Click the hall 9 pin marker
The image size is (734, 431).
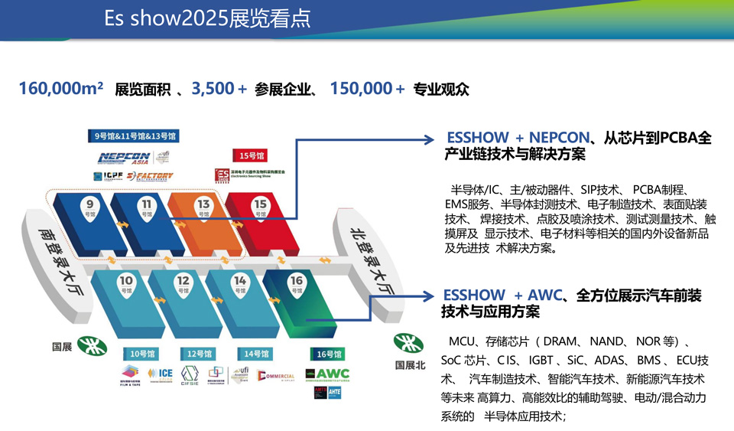(x=90, y=209)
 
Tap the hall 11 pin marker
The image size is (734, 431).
(x=146, y=209)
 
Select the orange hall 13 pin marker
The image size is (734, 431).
(x=203, y=209)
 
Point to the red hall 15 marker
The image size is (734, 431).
(x=260, y=208)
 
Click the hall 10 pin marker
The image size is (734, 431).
(x=126, y=286)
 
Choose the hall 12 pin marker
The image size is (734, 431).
(x=183, y=286)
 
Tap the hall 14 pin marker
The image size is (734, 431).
(x=240, y=286)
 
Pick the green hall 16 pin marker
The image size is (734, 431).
(x=297, y=286)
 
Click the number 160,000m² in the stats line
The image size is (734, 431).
(x=61, y=89)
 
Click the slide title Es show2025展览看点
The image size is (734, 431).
(x=208, y=18)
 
